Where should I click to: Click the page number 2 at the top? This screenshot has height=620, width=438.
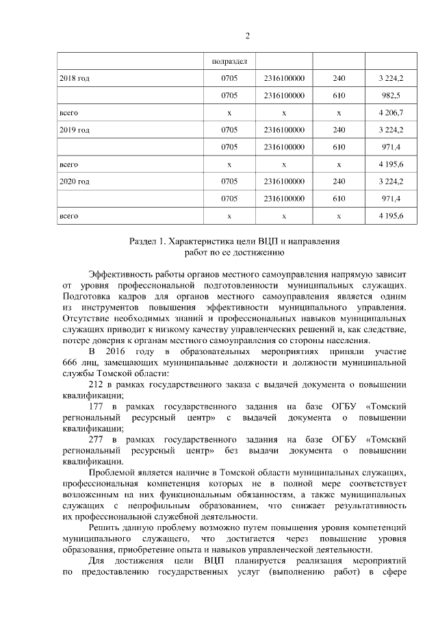point(247,36)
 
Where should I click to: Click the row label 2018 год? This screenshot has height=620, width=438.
point(75,79)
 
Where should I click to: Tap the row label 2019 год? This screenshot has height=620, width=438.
point(75,129)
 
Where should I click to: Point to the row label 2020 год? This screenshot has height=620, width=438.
point(75,182)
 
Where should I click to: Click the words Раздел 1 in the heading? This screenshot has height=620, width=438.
point(148,241)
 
